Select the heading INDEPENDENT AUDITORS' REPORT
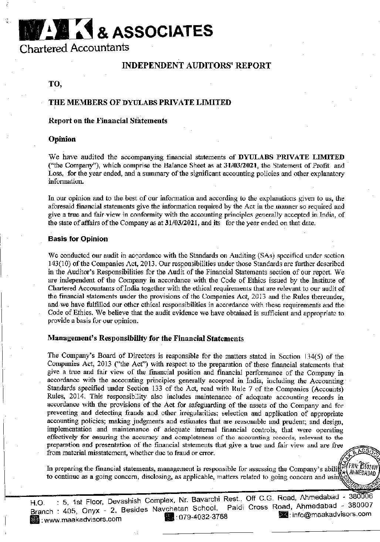coord(196,66)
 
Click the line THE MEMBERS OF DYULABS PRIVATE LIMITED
coord(140,102)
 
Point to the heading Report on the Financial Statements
coord(108,121)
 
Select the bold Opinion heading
coord(62,139)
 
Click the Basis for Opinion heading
coord(78,239)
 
